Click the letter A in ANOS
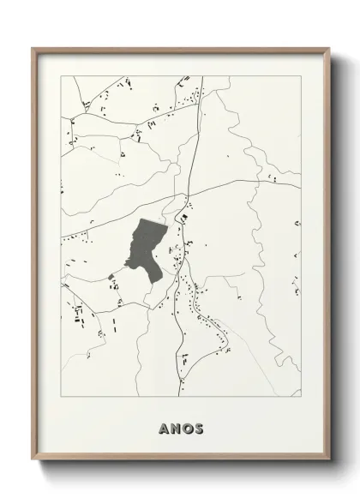tap(164, 427)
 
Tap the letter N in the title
tap(175, 427)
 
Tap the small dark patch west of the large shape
tap(111, 275)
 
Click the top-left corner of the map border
tap(62, 75)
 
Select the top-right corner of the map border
tap(301, 75)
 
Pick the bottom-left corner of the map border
tap(62, 397)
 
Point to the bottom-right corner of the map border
tap(301, 397)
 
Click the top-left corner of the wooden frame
tap(33, 48)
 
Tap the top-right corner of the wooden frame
tap(329, 48)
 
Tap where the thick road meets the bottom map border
tap(178, 397)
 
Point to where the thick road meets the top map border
tap(202, 75)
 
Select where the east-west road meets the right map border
tap(301, 186)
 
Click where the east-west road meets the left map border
tap(62, 231)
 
